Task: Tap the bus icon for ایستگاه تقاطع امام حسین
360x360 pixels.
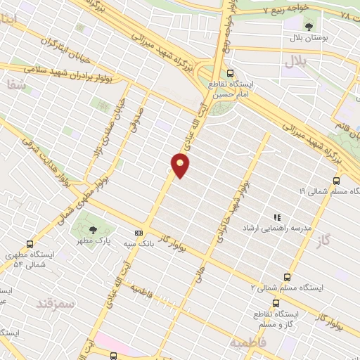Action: tap(231, 73)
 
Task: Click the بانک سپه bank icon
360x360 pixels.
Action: tap(139, 233)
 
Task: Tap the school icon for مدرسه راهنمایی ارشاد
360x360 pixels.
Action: tap(277, 218)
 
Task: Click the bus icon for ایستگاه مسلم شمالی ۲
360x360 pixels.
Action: tap(286, 277)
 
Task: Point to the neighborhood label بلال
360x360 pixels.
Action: tap(296, 63)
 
